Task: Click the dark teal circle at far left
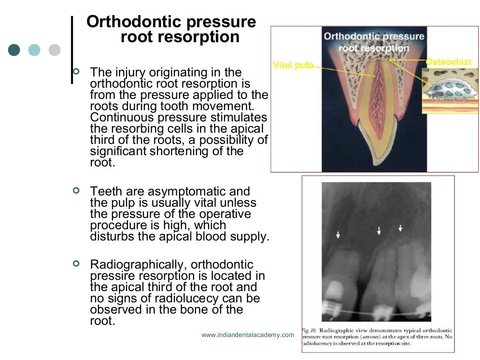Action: pos(14,50)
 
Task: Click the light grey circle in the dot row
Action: pos(55,50)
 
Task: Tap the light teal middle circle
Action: pos(34,50)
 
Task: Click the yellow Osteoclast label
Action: pos(448,62)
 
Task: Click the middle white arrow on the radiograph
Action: pos(379,230)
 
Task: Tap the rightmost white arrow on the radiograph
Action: pos(400,228)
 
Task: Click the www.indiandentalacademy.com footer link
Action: pos(247,335)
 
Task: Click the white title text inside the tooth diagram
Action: pos(374,42)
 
